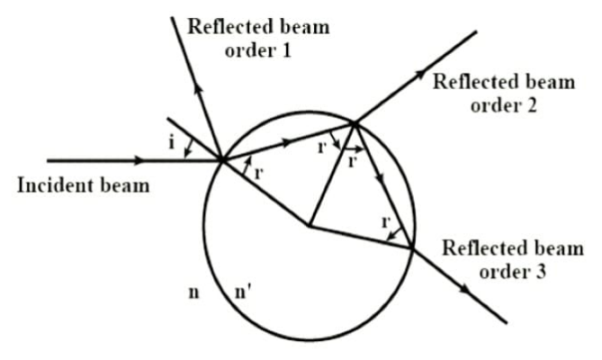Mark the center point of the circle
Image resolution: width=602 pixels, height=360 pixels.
309,227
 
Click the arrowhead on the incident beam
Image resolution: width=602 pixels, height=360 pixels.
137,161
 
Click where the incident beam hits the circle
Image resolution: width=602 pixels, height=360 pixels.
221,161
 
